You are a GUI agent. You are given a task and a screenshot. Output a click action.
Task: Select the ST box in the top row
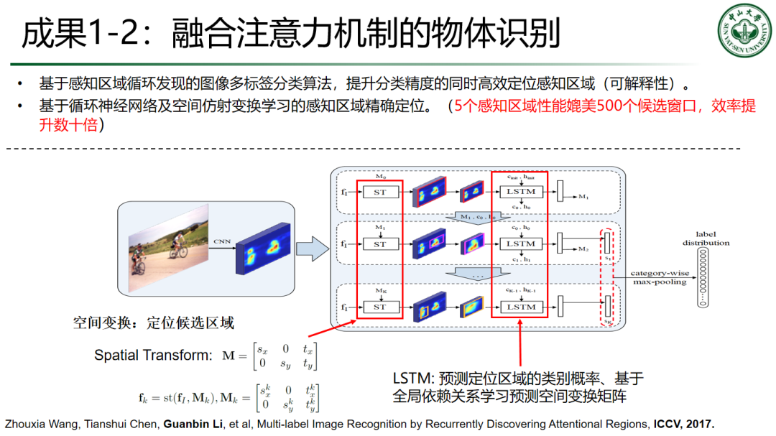(x=379, y=192)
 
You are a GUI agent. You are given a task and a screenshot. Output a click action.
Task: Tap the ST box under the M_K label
(x=379, y=307)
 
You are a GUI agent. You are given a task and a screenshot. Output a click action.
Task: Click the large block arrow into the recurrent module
(x=310, y=249)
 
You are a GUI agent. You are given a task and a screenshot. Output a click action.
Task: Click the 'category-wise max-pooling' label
(x=658, y=277)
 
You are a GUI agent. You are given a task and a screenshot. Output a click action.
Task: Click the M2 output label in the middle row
(x=583, y=249)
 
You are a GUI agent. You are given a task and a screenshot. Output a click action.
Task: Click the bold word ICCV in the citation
(x=668, y=424)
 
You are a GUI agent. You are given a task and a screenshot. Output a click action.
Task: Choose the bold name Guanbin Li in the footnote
(x=190, y=424)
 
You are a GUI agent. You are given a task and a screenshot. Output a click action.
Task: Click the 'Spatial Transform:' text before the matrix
(x=153, y=355)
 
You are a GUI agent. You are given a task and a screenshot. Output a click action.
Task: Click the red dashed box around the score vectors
(x=607, y=277)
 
